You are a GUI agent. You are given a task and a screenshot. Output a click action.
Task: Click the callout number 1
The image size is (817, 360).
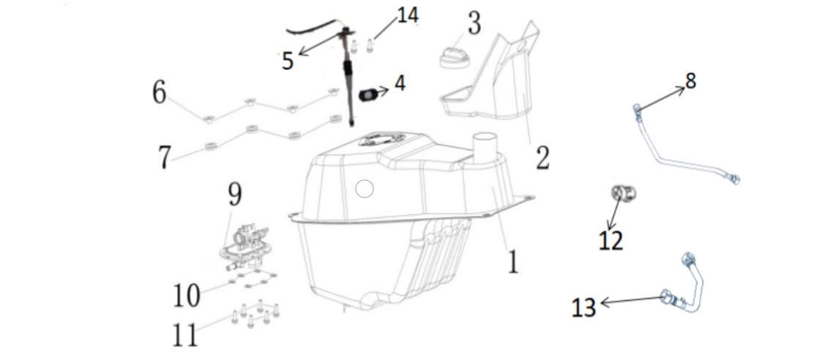coord(513,261)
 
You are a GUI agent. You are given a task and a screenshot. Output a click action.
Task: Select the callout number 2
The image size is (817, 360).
coord(542,157)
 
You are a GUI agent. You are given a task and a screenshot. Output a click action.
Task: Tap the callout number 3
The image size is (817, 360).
coord(474,23)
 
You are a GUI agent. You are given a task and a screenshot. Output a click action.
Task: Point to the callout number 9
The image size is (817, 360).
coord(234,195)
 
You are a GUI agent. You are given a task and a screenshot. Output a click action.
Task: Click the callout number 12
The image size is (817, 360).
coord(611,241)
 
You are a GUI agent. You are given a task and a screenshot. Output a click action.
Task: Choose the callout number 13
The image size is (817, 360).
coord(583,307)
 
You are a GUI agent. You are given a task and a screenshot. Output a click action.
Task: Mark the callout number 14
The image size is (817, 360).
coord(408,15)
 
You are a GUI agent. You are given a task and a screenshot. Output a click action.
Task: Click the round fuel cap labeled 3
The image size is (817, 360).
coord(455,58)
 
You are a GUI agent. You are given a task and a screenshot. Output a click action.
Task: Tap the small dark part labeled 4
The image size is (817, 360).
coord(368,95)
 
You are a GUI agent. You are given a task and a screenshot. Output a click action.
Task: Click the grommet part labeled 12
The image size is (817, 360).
coord(623,193)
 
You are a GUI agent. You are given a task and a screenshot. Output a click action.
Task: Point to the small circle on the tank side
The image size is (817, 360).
coord(365,189)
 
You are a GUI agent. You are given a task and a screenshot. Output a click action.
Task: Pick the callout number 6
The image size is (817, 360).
coord(160,93)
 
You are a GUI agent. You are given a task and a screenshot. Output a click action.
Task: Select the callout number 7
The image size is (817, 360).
coord(165,157)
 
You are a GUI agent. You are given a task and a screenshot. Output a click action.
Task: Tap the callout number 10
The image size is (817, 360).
coord(187,296)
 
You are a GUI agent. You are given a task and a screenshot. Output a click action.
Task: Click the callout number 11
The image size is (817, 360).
coord(185,334)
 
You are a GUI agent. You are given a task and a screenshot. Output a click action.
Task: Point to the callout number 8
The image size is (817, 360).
coord(690,80)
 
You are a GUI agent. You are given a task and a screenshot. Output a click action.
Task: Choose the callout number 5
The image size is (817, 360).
coord(288,61)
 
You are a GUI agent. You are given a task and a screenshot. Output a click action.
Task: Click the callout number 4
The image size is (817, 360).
coord(400,83)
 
